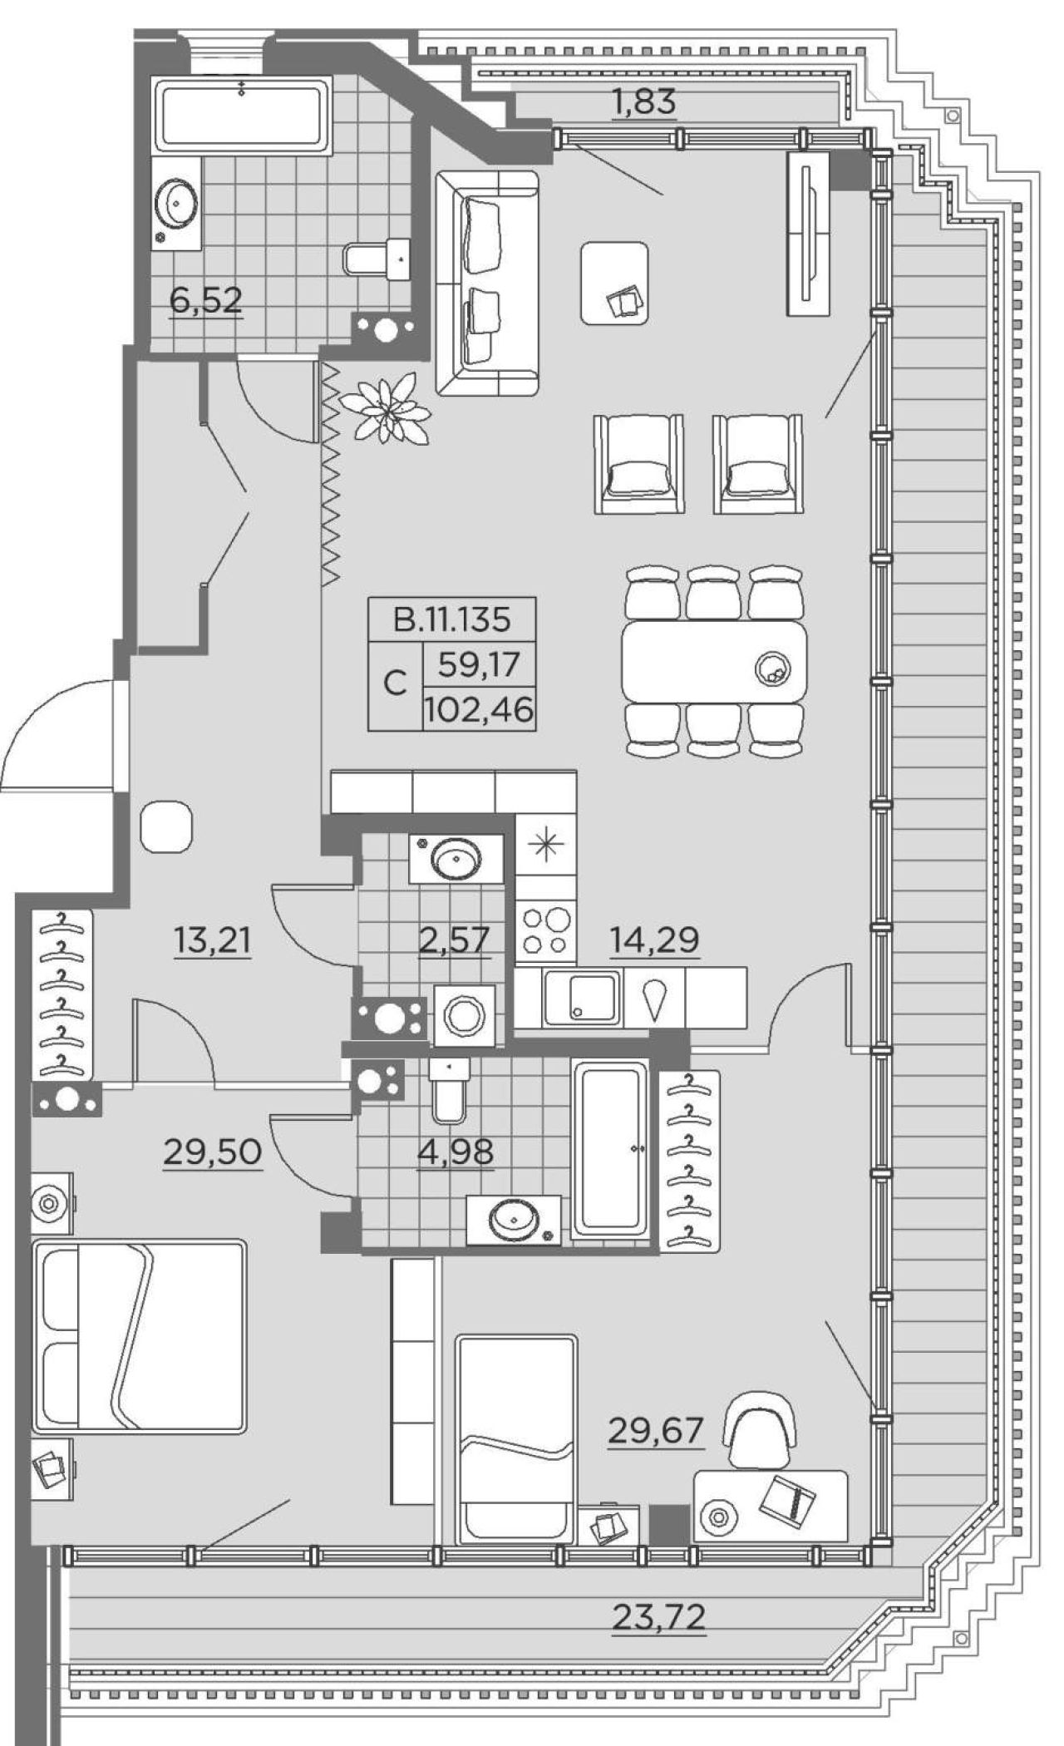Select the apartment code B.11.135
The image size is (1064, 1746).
(451, 619)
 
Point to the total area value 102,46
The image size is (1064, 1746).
(478, 711)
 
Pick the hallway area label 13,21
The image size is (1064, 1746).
(213, 942)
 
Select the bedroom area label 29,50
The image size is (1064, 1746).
(213, 1152)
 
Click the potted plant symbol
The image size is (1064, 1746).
(386, 408)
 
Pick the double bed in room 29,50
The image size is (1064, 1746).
(139, 1336)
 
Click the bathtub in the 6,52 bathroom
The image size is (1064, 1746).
(243, 115)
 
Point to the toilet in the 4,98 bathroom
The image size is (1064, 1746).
(449, 1088)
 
